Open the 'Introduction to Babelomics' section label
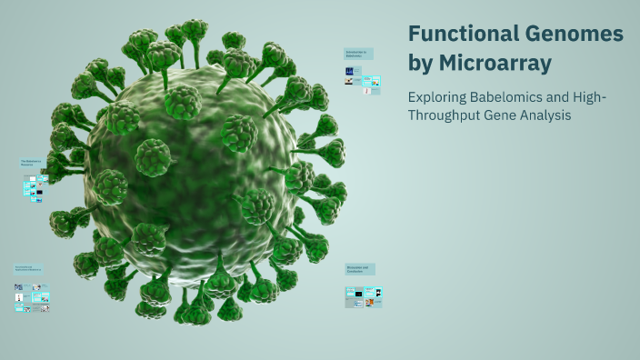click(358, 54)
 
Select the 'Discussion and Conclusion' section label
click(360, 269)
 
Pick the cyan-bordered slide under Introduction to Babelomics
click(371, 81)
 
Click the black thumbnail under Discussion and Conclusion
click(359, 294)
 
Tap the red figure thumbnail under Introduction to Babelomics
click(367, 91)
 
